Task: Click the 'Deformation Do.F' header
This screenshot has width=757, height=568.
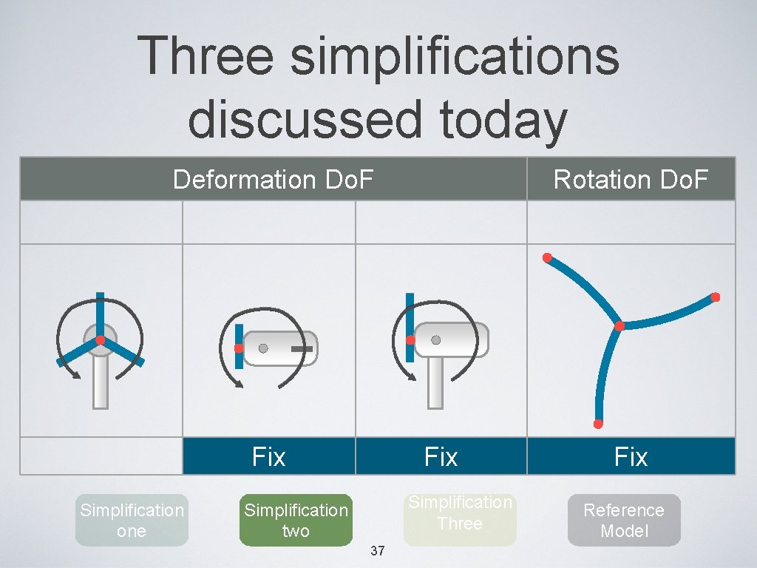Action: tap(274, 179)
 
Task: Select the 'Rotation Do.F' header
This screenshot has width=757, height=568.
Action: tap(631, 179)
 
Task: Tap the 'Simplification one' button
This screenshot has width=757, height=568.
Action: tap(132, 520)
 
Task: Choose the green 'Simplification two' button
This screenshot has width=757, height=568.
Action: tap(296, 520)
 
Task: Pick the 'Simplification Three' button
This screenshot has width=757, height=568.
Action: tap(460, 513)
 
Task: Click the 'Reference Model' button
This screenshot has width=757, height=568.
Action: tap(624, 520)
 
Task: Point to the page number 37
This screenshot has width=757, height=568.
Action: tap(377, 551)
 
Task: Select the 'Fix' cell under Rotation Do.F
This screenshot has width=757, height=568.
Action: tap(631, 456)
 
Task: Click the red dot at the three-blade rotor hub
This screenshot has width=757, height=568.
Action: tap(99, 340)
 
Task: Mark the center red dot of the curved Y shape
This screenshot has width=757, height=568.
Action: tap(619, 326)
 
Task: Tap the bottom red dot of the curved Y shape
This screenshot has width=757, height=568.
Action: tap(598, 424)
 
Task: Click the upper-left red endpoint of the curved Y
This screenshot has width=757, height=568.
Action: tap(547, 258)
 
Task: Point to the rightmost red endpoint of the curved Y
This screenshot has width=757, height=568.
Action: tap(715, 297)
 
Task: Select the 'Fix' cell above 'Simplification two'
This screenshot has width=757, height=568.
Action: tap(268, 456)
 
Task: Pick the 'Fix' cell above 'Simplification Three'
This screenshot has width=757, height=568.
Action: tap(441, 456)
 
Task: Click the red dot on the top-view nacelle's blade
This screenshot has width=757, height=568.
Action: tap(239, 348)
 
